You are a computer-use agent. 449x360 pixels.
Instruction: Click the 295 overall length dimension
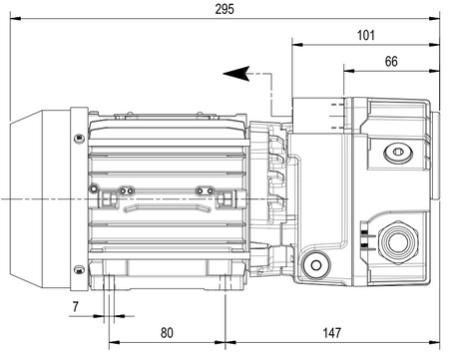(224, 9)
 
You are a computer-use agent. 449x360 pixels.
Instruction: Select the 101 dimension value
(365, 35)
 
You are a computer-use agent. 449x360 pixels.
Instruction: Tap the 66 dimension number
(391, 62)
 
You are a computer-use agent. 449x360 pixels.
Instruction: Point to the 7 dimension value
(76, 306)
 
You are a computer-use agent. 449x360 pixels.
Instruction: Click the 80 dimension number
(167, 333)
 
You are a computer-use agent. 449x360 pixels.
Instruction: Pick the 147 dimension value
(332, 333)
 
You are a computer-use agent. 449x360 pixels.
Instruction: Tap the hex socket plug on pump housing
(398, 153)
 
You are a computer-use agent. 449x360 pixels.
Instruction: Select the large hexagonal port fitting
(398, 241)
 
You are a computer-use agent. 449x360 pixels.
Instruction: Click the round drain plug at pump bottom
(316, 265)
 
